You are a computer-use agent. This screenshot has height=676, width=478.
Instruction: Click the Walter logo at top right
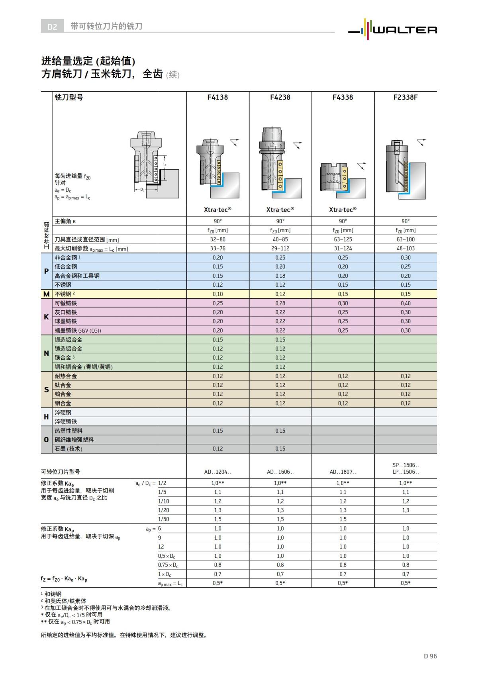coord(392,29)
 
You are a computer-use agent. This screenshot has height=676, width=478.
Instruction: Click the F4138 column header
coord(217,97)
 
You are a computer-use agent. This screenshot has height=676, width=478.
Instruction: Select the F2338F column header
coord(406,97)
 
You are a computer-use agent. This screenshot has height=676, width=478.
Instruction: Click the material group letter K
coord(46,317)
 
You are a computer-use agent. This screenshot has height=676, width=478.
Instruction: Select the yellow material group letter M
coord(46,294)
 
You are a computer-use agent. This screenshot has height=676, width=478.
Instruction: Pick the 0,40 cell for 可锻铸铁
coord(406,303)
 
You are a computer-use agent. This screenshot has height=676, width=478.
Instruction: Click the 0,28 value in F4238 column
coord(280,303)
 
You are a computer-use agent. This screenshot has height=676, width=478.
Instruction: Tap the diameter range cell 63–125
coord(343,239)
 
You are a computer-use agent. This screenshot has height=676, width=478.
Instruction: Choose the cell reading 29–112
coord(280,249)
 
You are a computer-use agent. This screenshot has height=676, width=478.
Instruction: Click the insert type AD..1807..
coord(343,472)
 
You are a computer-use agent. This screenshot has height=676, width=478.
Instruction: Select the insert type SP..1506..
coord(406,465)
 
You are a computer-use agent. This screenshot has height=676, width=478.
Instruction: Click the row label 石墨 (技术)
coord(69,449)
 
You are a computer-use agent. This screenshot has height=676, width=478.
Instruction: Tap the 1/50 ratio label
coord(163,519)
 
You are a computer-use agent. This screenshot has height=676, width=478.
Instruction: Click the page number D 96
coord(430,656)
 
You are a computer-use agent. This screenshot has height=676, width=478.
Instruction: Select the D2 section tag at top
coord(52,26)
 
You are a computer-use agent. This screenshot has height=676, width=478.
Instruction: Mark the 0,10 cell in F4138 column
coord(217,294)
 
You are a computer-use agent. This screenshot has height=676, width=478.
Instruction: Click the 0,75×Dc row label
coord(168,565)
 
